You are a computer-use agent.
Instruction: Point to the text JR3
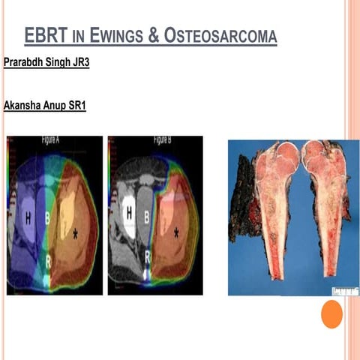coord(79,62)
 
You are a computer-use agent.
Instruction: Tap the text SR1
coord(76,106)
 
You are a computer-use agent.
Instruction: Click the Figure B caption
coord(166,140)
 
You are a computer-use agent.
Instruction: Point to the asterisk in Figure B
coord(175,233)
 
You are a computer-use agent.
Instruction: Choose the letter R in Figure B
coord(148,256)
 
